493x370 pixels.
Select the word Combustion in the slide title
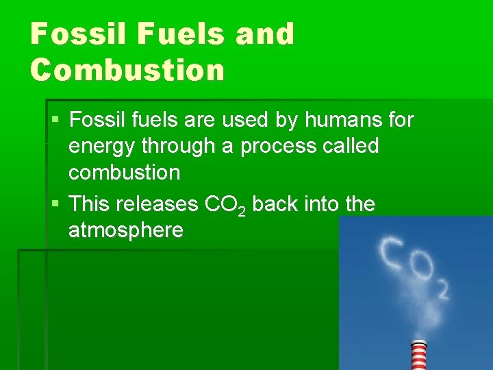pos(127,69)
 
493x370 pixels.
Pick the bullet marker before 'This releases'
pos(55,204)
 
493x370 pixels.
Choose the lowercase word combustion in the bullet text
pos(124,172)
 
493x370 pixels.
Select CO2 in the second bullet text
pos(226,205)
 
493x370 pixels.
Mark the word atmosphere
pos(125,230)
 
